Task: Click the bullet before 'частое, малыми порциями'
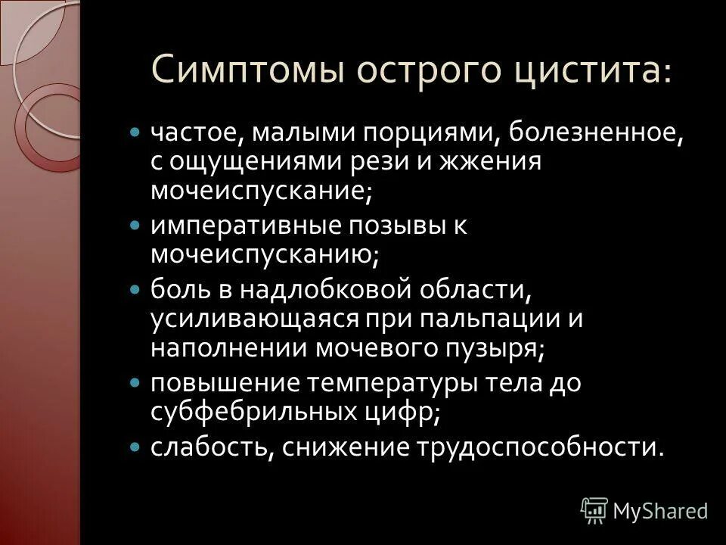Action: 136,132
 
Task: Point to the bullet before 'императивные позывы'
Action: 136,226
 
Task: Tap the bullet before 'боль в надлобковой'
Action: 136,289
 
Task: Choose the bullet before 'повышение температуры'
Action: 136,383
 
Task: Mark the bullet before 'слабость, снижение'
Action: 136,447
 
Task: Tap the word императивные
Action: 237,227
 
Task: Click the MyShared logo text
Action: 660,511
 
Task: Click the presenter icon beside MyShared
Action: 594,511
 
